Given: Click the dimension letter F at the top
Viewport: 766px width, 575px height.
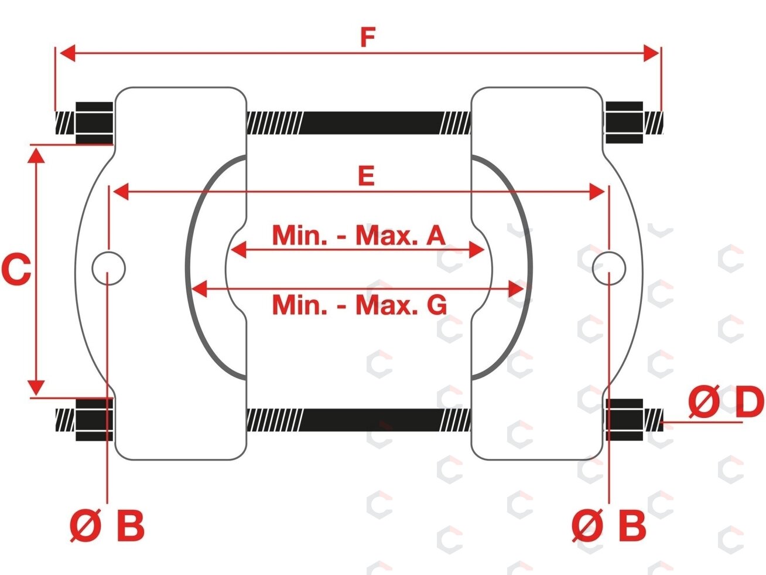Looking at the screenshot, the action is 368,37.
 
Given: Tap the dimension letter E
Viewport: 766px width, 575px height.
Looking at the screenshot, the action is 367,176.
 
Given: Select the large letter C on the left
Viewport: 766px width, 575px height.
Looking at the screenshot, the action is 16,270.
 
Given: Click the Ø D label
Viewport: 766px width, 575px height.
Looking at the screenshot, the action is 726,402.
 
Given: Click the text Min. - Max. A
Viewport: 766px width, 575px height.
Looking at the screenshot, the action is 359,235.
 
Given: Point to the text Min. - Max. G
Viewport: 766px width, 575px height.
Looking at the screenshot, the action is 360,305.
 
